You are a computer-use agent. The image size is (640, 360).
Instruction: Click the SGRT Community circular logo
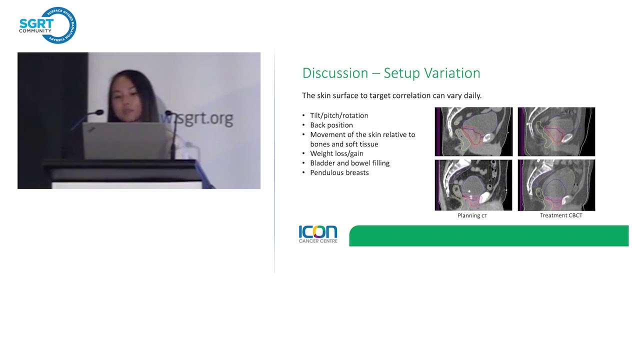click(x=47, y=25)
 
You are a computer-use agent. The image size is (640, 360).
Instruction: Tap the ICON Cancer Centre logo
click(x=318, y=234)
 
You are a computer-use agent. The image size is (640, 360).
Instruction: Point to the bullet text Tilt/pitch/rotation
click(x=339, y=115)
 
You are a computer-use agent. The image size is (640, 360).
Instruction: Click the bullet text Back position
click(x=331, y=125)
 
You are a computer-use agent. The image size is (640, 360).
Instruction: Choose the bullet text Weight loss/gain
click(x=336, y=153)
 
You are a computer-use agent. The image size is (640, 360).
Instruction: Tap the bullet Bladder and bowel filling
click(x=349, y=163)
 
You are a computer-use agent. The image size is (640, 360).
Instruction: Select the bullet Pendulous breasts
click(x=339, y=172)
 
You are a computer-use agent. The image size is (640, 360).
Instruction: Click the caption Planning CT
click(x=472, y=215)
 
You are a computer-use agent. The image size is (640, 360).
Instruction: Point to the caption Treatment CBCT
click(x=561, y=215)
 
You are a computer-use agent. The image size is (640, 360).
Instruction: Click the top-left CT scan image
click(x=473, y=131)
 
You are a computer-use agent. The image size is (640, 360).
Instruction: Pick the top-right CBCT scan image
click(x=556, y=131)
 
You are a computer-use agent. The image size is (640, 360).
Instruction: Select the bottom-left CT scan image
click(x=473, y=185)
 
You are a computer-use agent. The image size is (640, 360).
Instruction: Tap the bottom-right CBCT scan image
click(x=556, y=185)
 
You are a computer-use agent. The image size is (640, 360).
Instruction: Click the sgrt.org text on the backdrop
click(x=200, y=119)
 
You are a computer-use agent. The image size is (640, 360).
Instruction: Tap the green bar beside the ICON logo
click(x=488, y=236)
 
